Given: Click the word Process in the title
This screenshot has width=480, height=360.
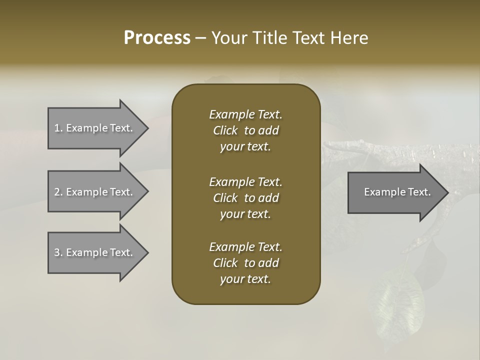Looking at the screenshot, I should (157, 38).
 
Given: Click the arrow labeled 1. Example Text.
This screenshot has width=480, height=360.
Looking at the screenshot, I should (93, 128).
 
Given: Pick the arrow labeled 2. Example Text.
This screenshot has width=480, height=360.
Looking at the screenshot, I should (93, 192).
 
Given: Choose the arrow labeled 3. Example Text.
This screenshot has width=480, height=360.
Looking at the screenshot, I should (93, 252).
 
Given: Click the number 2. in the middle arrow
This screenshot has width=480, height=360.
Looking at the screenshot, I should (58, 192).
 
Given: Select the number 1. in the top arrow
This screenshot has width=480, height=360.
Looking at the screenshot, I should (58, 128).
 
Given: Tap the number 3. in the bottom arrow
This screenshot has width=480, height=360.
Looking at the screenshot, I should (58, 252).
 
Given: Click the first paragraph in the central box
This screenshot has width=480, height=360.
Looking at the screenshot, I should (245, 130).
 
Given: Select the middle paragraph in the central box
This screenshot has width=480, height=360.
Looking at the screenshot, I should (245, 197).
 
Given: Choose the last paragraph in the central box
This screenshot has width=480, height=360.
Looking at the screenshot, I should (245, 263).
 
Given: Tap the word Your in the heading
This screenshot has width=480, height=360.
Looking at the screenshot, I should (226, 38).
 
